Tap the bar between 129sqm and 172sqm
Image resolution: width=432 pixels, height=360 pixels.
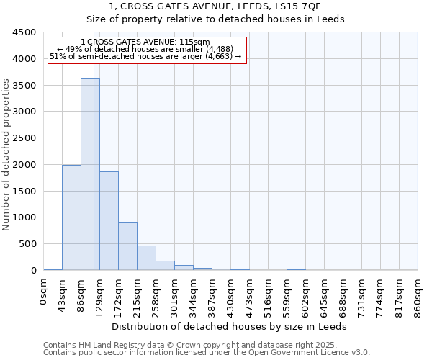pyautogui.click(x=109, y=220)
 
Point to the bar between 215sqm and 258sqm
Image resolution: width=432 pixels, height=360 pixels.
pyautogui.click(x=146, y=258)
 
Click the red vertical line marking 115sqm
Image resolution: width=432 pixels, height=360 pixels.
pyautogui.click(x=94, y=180)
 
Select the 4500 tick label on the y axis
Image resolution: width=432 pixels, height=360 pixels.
pyautogui.click(x=24, y=32)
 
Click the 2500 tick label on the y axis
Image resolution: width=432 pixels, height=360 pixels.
pyautogui.click(x=24, y=138)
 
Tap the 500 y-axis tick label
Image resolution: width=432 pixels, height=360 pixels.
pyautogui.click(x=27, y=244)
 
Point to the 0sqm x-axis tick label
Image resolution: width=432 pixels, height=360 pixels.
pyautogui.click(x=44, y=293)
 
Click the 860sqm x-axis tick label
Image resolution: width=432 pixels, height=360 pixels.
pyautogui.click(x=418, y=295)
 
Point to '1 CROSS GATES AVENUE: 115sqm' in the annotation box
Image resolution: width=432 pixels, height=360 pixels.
pyautogui.click(x=145, y=42)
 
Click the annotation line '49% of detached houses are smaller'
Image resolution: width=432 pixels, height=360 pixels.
pyautogui.click(x=145, y=49)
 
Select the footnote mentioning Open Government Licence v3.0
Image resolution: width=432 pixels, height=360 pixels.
pyautogui.click(x=207, y=353)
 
